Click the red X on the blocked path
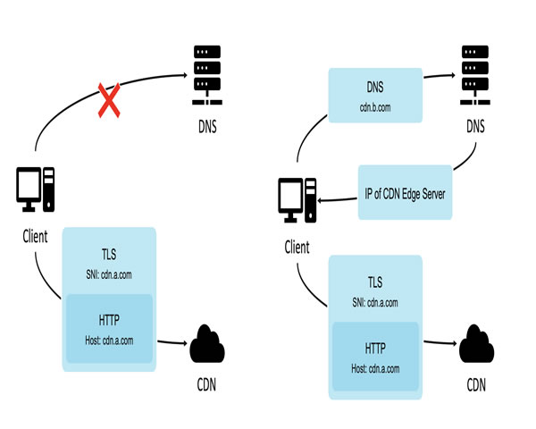click(x=110, y=99)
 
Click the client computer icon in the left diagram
click(x=36, y=189)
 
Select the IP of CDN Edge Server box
click(x=406, y=192)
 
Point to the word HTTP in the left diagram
click(x=108, y=320)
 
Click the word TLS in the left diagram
click(x=108, y=254)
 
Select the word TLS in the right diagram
click(x=375, y=282)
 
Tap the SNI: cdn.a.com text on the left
click(x=108, y=272)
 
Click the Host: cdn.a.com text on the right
click(x=375, y=369)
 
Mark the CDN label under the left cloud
click(x=207, y=387)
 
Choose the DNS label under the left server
click(x=205, y=125)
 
